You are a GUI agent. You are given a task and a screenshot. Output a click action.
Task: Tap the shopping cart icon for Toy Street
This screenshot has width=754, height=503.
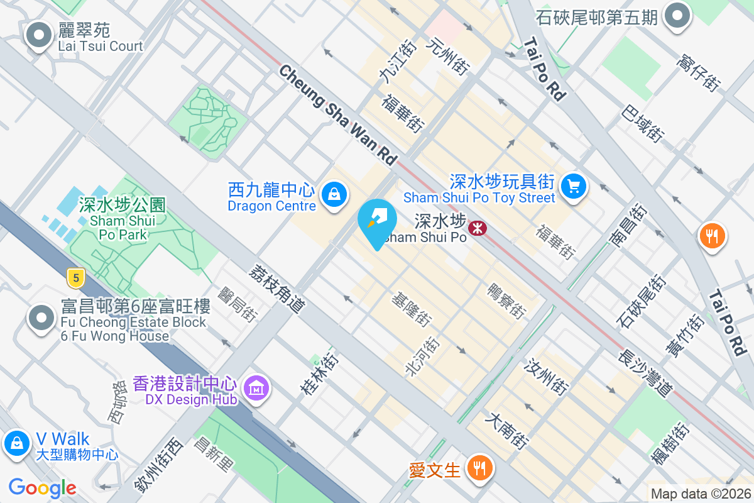tap(573, 187)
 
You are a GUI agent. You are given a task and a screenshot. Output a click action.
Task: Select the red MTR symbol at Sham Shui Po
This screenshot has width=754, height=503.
tap(478, 228)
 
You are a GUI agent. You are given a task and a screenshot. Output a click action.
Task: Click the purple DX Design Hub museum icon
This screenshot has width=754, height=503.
tap(256, 389)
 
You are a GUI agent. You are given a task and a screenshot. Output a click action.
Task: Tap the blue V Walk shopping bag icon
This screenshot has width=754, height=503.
tap(17, 443)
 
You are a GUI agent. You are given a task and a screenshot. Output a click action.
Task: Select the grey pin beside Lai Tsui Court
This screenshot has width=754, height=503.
tap(39, 35)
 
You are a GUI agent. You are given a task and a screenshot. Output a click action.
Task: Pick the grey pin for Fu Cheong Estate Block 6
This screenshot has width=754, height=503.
tap(42, 318)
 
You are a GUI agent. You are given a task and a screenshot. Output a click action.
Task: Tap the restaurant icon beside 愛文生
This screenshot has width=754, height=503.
tap(481, 468)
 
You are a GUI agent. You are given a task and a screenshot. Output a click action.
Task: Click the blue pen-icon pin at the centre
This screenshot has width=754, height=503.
tap(377, 221)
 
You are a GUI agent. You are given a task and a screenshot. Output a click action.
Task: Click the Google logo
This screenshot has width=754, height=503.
tap(42, 488)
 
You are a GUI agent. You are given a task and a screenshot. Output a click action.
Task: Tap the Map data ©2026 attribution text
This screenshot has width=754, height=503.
tap(700, 494)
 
